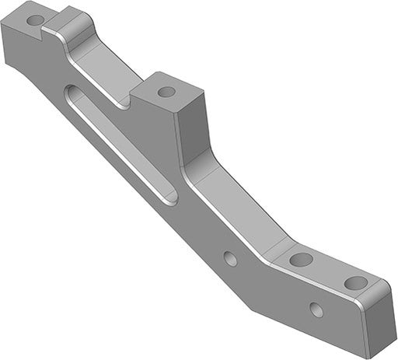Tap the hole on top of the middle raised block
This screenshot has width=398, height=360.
click(165, 92)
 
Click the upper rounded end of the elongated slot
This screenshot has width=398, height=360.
click(75, 96)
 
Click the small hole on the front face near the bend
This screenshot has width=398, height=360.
click(230, 257)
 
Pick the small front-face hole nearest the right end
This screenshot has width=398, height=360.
click(316, 309)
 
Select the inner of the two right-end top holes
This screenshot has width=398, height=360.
click(301, 259)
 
